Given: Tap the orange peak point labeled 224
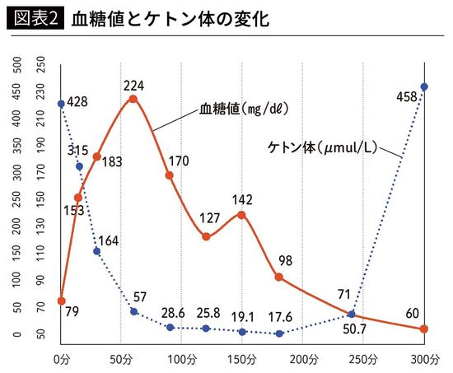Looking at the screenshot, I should click(x=133, y=99).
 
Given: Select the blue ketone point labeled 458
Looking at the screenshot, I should click(x=424, y=86).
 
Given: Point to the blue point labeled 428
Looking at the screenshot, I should click(x=61, y=104).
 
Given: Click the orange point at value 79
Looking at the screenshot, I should click(x=61, y=301).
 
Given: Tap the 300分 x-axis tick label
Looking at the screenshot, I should click(x=423, y=360).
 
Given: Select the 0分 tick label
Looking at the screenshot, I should click(x=61, y=360).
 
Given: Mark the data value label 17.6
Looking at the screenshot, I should click(x=280, y=316).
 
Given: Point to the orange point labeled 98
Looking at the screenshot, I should click(x=279, y=277).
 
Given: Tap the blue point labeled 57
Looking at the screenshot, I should click(x=133, y=311).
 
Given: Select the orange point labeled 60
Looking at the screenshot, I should click(x=424, y=329).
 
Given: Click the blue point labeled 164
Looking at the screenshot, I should click(x=97, y=251).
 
